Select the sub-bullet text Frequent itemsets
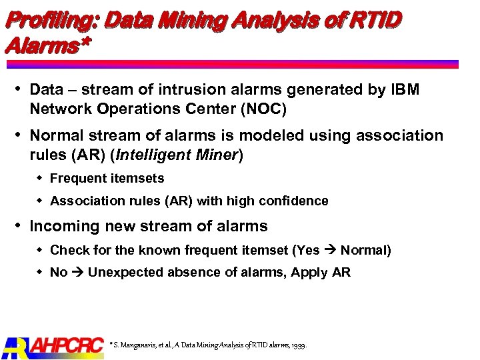point(107,179)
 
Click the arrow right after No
point(77,273)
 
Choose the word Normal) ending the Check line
point(366,251)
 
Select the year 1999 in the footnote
point(298,345)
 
